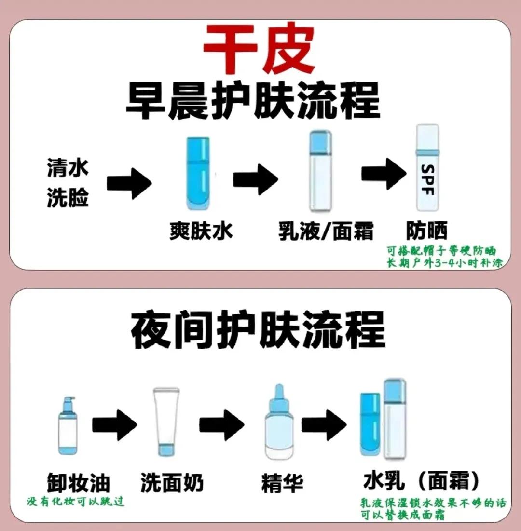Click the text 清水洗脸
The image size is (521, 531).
[68, 182]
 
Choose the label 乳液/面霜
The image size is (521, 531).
[326, 231]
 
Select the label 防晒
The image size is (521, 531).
[426, 231]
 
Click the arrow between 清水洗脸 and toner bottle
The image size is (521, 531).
[129, 181]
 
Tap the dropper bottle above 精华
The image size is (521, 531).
[279, 423]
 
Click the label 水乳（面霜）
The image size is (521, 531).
[422, 480]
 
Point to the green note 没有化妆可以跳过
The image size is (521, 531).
[76, 502]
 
